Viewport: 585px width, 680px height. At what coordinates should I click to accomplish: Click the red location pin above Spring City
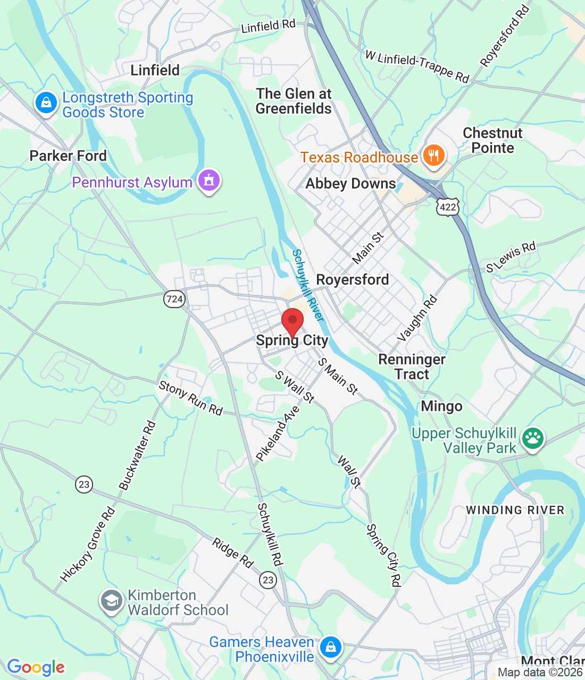point(292,321)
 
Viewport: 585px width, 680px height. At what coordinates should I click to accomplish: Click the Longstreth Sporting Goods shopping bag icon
point(46,103)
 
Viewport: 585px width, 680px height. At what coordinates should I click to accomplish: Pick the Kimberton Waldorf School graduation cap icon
point(111,601)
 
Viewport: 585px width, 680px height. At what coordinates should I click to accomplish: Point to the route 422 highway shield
point(448,207)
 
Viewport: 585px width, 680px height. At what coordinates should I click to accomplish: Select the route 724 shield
point(174,299)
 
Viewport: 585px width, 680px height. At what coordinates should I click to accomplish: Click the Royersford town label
point(352,279)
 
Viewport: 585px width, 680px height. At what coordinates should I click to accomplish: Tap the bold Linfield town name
point(155,70)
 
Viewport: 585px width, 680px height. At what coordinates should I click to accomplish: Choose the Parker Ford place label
point(68,156)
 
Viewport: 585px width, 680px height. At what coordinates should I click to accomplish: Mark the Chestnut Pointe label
point(492,140)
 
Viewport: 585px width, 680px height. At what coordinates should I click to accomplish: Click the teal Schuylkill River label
point(308,285)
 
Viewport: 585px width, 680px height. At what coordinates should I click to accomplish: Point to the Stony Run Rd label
point(190,398)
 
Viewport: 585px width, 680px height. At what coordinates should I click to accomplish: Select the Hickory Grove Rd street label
point(88,545)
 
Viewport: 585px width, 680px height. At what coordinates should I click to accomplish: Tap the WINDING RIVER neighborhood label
point(515,510)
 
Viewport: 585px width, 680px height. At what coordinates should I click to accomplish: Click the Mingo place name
point(441,406)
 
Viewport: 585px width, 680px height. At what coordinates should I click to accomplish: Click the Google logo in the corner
point(36,667)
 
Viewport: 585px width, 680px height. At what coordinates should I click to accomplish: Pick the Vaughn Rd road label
point(417,318)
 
